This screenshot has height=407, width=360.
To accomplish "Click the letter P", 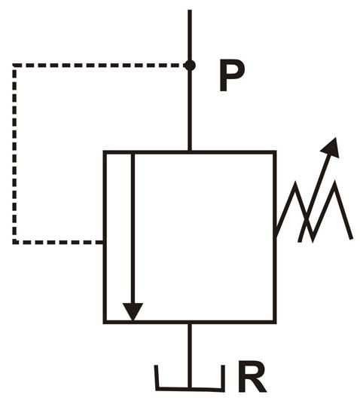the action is [x=232, y=75].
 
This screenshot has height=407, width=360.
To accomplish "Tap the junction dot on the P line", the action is [x=190, y=65].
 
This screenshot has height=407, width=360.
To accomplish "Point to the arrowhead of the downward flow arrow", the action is [x=133, y=312].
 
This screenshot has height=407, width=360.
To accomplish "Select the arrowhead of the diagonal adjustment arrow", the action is [x=331, y=148].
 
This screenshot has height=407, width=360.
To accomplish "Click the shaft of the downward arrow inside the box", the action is [x=133, y=228].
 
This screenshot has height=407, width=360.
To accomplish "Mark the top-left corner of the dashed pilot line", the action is [x=14, y=65].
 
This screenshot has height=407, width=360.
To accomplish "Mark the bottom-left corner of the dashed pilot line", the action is [x=14, y=242].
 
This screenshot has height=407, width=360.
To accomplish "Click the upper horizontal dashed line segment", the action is [x=99, y=65].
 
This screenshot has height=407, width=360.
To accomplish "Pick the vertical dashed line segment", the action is [x=14, y=154].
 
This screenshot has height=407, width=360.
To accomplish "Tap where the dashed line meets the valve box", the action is [x=103, y=242].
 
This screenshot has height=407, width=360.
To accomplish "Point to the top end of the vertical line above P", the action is [x=190, y=11].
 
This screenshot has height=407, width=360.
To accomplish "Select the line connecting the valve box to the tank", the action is [x=190, y=356].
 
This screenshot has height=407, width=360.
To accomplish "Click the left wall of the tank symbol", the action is [x=157, y=378].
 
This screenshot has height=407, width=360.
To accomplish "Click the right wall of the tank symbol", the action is [x=222, y=378].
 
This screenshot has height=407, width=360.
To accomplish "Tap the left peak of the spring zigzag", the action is [x=295, y=183].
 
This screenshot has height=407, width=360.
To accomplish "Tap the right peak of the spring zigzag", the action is [x=335, y=182].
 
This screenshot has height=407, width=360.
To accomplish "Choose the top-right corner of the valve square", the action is [x=274, y=151].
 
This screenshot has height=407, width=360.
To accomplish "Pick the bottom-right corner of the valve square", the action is [x=274, y=322].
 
